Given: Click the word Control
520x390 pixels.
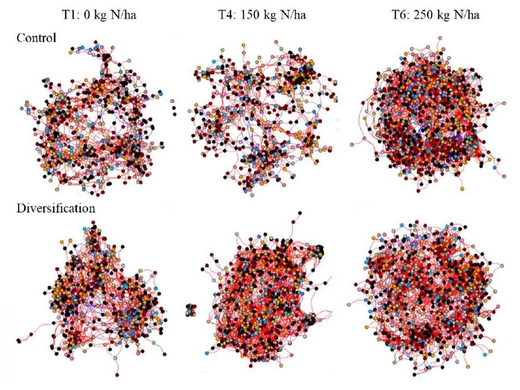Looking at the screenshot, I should point(36,38).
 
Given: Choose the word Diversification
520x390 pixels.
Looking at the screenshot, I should point(56,208).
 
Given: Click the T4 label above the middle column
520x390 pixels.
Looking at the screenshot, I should point(225,15).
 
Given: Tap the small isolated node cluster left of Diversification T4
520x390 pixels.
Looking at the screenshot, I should point(190,310).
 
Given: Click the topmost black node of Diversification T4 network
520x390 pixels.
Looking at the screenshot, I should point(299,213).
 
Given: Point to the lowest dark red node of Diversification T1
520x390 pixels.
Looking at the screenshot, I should point(118,375).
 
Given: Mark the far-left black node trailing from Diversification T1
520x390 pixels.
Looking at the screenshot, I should point(19,340).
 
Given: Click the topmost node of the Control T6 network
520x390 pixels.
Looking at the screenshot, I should point(440,39).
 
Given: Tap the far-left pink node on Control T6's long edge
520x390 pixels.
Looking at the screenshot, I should point(353,144).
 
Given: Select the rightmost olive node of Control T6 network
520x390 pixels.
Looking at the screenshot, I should point(504,103).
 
